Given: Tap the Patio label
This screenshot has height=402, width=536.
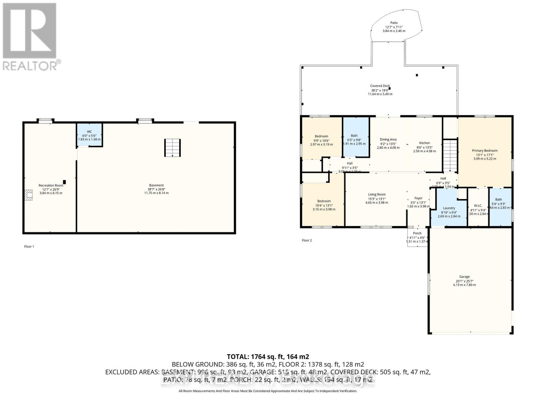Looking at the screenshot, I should click(394, 23).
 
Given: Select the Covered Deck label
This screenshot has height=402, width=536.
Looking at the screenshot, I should click(380, 86).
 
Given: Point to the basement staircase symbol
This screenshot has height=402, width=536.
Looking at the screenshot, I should click(172, 148).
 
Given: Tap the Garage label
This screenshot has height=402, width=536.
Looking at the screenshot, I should click(464, 277).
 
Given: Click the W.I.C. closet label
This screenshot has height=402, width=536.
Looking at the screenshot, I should click(478, 206).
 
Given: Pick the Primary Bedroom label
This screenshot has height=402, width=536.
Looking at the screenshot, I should click(485, 151).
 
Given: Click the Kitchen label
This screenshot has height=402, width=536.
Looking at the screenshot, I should click(424, 143).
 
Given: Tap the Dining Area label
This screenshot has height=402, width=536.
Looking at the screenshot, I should click(388, 140).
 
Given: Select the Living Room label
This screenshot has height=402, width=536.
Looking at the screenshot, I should click(377, 195).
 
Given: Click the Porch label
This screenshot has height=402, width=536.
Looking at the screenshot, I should click(417, 233).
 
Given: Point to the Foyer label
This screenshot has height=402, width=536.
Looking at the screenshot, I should click(418, 198).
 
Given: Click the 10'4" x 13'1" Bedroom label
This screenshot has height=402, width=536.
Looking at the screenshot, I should click(324, 201).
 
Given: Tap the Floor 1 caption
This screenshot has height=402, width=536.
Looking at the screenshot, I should click(29, 247).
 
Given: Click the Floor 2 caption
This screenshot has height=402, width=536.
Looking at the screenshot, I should click(307, 241).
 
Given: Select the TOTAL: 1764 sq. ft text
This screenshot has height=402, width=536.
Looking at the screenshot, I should click(268, 357).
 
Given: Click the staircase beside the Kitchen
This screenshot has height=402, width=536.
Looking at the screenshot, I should click(450, 155).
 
